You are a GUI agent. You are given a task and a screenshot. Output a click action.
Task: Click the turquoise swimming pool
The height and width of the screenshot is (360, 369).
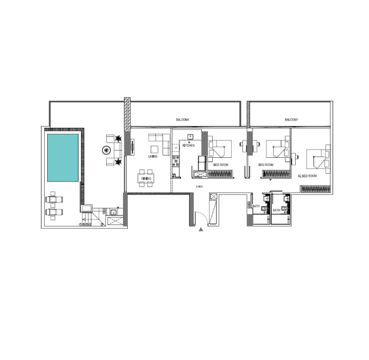coord(63,158)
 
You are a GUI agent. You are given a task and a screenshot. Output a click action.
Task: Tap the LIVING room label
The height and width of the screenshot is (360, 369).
coord(153,156)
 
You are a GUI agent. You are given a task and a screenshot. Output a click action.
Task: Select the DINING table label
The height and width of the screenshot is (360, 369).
coord(146,179)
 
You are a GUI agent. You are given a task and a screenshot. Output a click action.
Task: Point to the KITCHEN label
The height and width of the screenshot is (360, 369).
coord(188,146)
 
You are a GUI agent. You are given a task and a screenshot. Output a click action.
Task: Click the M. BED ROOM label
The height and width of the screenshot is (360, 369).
coord(307,176)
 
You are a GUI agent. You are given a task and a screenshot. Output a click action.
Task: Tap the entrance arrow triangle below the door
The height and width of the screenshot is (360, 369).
coord(201,229)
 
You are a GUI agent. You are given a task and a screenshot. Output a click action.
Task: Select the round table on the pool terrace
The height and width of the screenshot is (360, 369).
coord(107,150)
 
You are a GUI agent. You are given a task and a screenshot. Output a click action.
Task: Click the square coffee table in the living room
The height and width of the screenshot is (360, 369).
coord(155,149)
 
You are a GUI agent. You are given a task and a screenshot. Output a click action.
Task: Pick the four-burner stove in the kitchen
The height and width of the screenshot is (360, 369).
coord(175,161)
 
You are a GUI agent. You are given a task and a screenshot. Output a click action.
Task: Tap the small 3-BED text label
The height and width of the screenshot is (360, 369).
coord(199,186)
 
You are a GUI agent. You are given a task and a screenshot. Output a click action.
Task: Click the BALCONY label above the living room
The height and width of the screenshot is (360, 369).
coord(183,120)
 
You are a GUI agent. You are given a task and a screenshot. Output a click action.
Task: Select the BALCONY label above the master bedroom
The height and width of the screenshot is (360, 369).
coord(291,120)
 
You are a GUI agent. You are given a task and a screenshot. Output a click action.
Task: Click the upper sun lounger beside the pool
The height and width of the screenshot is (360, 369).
coord(54,199)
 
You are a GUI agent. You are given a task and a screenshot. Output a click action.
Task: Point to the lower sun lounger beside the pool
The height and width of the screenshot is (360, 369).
coord(54,212)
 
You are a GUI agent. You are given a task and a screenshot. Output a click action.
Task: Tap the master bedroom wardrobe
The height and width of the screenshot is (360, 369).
coord(315,189)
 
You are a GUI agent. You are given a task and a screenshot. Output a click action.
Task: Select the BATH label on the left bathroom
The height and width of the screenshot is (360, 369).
coord(256,206)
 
